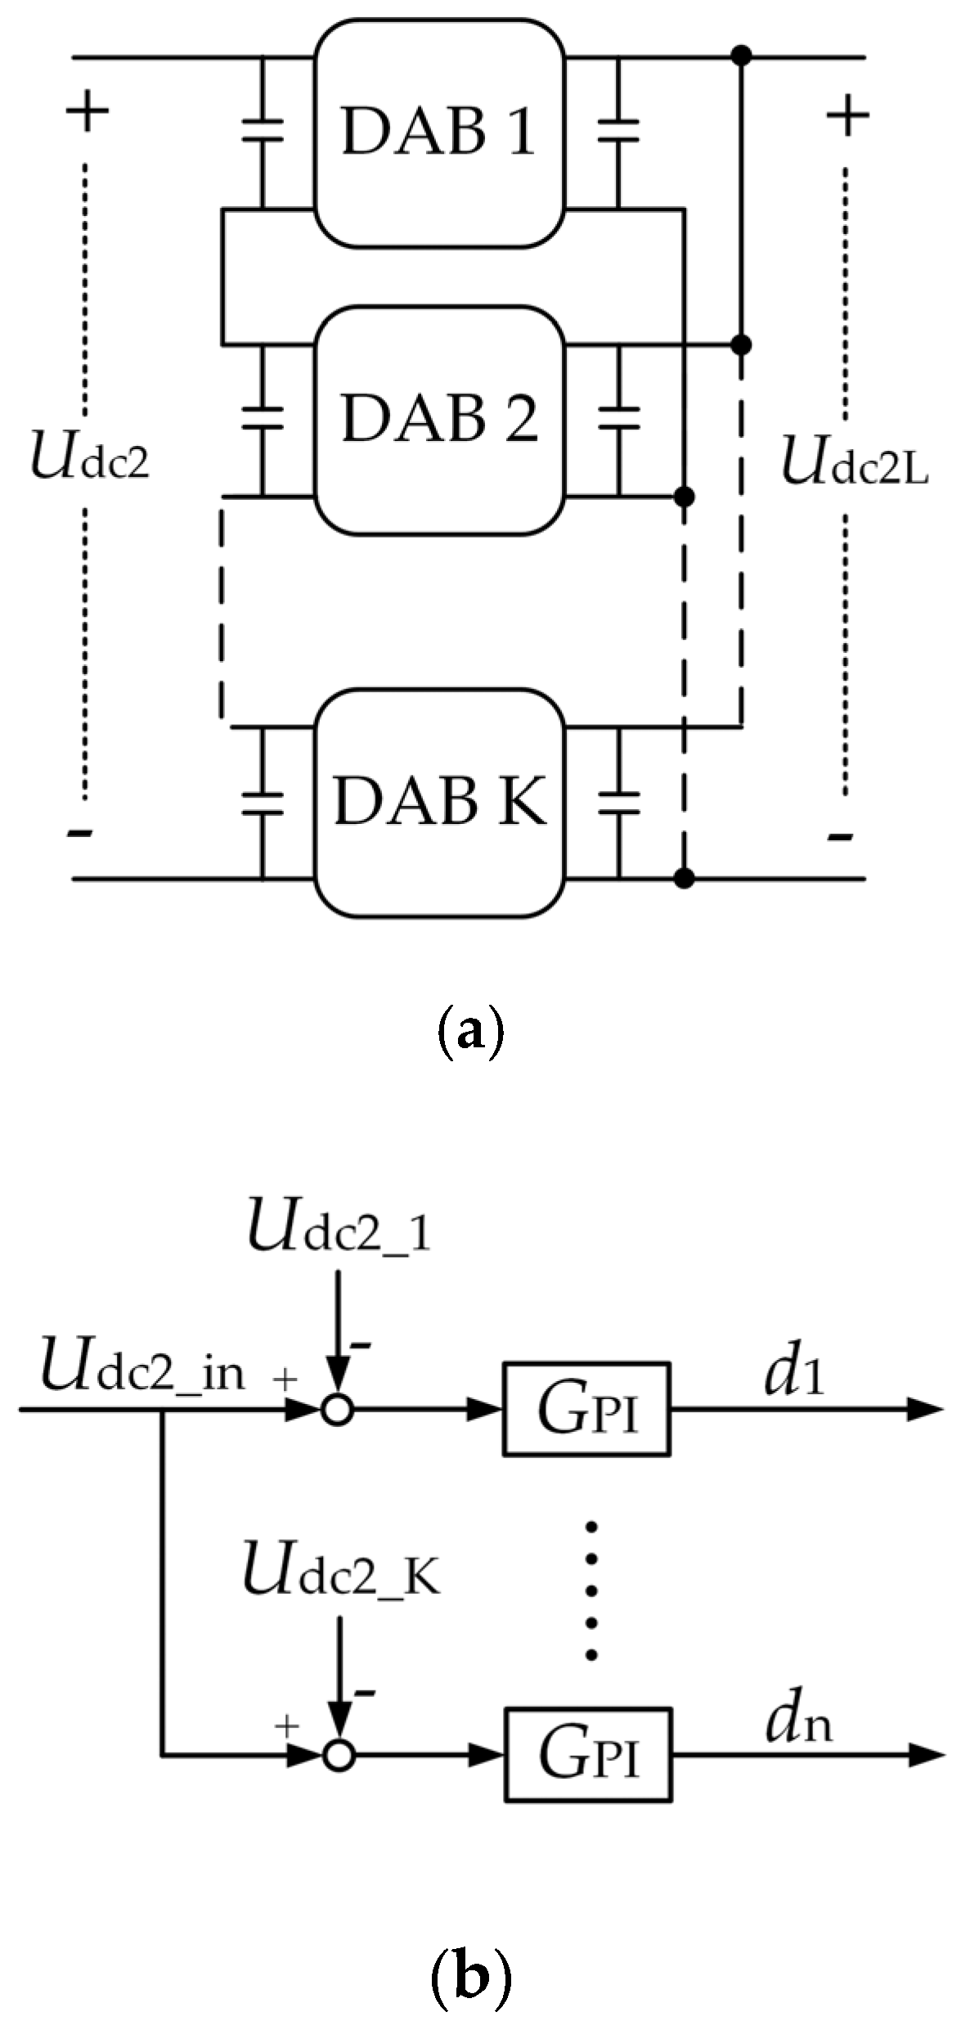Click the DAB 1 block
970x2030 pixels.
tap(440, 133)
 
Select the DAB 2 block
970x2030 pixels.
tap(440, 419)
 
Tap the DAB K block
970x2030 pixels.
tap(440, 802)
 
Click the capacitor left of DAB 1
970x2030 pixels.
tap(262, 131)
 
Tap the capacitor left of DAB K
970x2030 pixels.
tap(262, 802)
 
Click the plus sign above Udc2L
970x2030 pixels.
tap(847, 115)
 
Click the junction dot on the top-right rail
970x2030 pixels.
tap(741, 56)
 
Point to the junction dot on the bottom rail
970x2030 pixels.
tap(685, 879)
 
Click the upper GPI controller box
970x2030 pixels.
tap(586, 1409)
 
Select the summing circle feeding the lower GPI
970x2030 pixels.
tap(339, 1754)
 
